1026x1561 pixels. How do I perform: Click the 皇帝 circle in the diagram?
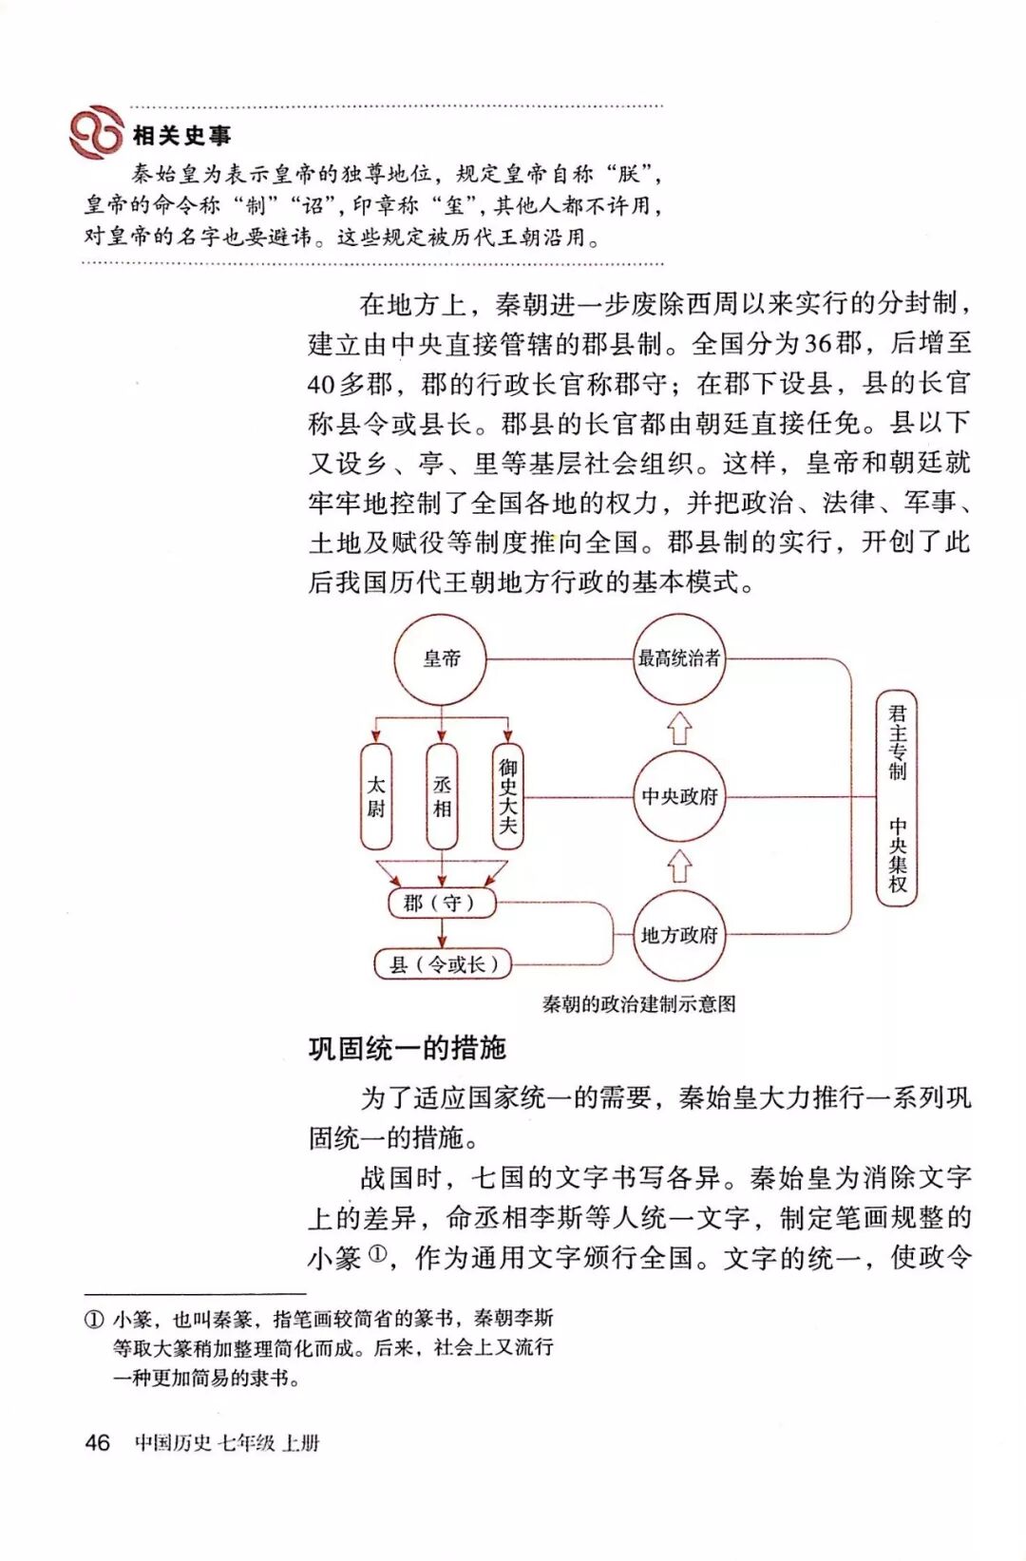(441, 658)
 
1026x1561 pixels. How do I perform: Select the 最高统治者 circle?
(678, 658)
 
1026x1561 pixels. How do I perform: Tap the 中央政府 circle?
(678, 796)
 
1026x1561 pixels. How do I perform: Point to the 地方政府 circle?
(678, 935)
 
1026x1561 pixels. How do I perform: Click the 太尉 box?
(376, 796)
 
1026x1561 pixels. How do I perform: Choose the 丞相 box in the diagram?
(442, 796)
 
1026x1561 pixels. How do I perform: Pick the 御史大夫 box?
(507, 796)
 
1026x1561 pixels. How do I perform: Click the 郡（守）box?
(443, 903)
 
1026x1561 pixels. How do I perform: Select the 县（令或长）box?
(443, 964)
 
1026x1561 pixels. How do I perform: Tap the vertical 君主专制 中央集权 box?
(897, 798)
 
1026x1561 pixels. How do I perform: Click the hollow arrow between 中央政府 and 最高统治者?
(678, 728)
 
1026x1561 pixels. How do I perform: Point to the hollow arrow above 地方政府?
(678, 866)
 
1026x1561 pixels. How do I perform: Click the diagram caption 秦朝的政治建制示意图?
(638, 1004)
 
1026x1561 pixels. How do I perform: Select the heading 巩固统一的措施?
(407, 1048)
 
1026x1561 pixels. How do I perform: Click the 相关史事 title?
(181, 136)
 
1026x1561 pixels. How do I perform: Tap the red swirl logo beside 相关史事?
(96, 132)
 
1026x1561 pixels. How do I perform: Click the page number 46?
(97, 1442)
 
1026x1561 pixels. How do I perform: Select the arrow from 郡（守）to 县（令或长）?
(443, 933)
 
